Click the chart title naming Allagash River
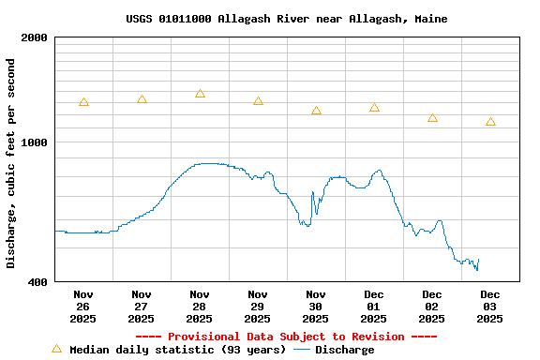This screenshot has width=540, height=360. click(286, 19)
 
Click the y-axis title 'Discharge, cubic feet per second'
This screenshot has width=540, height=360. click(11, 163)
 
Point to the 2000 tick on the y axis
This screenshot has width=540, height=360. click(35, 37)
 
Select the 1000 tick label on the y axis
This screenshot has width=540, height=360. click(35, 142)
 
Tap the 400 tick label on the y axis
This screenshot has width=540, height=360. click(38, 281)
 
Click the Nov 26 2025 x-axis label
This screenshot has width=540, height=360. click(82, 307)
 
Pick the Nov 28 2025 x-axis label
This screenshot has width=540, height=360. click(199, 307)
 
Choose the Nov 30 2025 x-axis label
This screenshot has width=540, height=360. click(315, 307)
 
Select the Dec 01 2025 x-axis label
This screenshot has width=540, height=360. click(374, 307)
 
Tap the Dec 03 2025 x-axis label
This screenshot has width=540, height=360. click(489, 307)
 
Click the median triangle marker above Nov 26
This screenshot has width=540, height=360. click(83, 102)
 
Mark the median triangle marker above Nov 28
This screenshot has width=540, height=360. click(200, 94)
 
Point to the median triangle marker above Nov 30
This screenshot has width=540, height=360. click(316, 111)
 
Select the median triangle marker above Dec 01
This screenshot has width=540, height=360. click(374, 108)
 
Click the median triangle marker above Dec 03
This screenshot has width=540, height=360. click(490, 122)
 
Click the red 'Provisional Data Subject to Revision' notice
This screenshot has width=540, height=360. click(286, 337)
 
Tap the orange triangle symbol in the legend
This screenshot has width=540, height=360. click(56, 349)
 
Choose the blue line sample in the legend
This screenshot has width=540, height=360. click(301, 350)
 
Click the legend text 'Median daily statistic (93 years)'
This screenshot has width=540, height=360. click(178, 350)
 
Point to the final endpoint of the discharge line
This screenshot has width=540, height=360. click(478, 260)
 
